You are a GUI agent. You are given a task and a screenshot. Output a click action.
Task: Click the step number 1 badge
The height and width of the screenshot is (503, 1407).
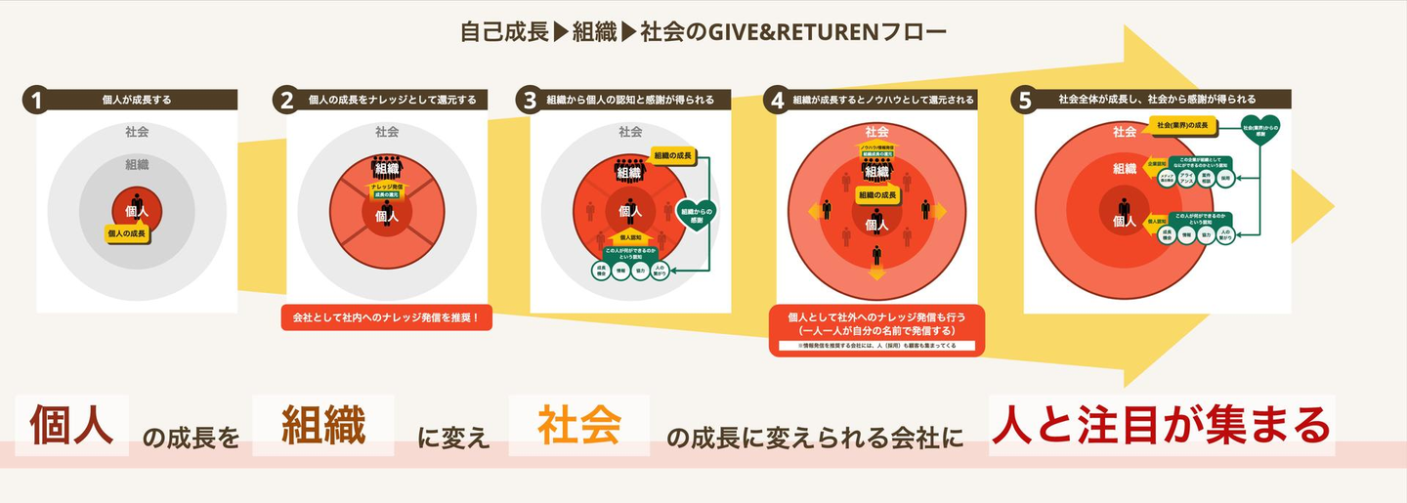36,100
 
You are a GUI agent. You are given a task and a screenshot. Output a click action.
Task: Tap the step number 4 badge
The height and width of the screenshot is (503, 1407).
777,100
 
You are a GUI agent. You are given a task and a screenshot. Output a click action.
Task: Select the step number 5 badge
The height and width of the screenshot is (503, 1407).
1024,100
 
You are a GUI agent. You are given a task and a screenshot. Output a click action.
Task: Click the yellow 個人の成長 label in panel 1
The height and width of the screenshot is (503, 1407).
127,233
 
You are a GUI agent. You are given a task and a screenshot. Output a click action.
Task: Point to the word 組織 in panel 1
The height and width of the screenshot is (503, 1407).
137,165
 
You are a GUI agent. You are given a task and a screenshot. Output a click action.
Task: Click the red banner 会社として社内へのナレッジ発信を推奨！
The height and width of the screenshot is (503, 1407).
385,317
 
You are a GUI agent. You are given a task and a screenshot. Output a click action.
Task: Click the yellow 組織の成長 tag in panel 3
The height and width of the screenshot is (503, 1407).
675,155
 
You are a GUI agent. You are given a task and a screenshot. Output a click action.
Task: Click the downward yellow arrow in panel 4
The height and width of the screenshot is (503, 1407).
876,272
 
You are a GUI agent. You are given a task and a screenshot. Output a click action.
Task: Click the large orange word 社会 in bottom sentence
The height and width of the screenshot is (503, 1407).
579,426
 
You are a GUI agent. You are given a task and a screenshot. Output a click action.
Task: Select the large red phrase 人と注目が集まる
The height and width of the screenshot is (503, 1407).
1162,425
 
